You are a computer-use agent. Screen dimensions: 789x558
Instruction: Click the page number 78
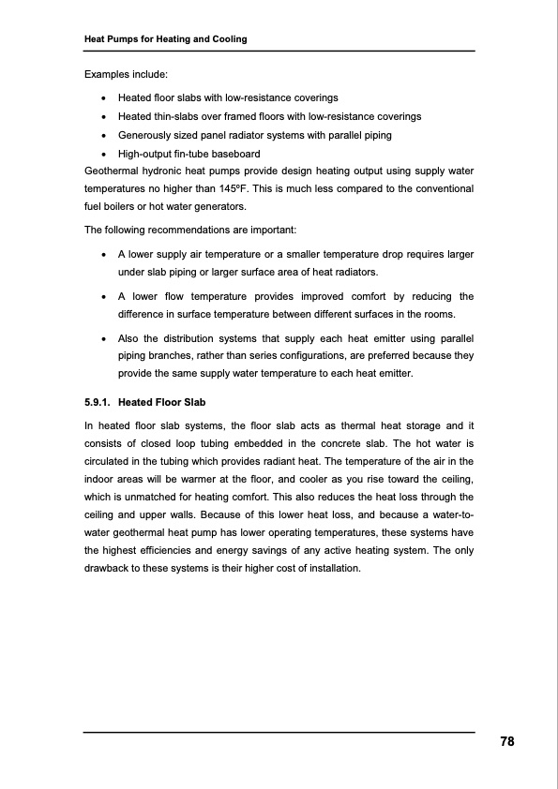click(x=506, y=741)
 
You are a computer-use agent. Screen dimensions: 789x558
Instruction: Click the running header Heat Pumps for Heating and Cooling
click(x=166, y=38)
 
